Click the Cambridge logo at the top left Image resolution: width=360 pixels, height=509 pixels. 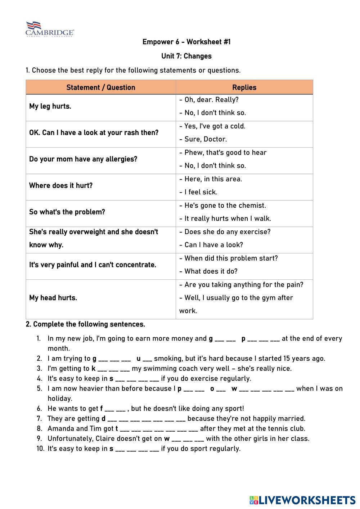[x=50, y=29]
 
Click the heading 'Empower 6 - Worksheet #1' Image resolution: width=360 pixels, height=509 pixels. [x=186, y=42]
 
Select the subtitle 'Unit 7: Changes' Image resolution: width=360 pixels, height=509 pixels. [x=186, y=56]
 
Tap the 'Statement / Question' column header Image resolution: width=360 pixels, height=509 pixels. [x=101, y=87]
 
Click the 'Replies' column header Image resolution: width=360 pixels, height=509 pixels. [x=244, y=87]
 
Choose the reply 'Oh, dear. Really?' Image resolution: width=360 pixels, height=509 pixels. [x=209, y=100]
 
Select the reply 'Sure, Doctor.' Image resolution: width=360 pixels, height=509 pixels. [x=203, y=139]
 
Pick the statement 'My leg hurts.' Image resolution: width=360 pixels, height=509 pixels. [x=50, y=106]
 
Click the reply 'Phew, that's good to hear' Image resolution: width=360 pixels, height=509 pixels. [x=223, y=153]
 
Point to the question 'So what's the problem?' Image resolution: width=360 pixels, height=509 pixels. [x=67, y=212]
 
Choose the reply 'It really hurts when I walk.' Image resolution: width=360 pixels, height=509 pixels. [x=225, y=219]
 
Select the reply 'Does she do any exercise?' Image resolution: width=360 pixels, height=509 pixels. [x=225, y=232]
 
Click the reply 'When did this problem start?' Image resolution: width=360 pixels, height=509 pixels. [x=229, y=258]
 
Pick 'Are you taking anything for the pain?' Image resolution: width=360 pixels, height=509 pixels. [x=241, y=285]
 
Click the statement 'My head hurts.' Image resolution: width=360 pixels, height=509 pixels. [x=53, y=298]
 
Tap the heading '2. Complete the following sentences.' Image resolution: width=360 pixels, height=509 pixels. [x=85, y=324]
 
